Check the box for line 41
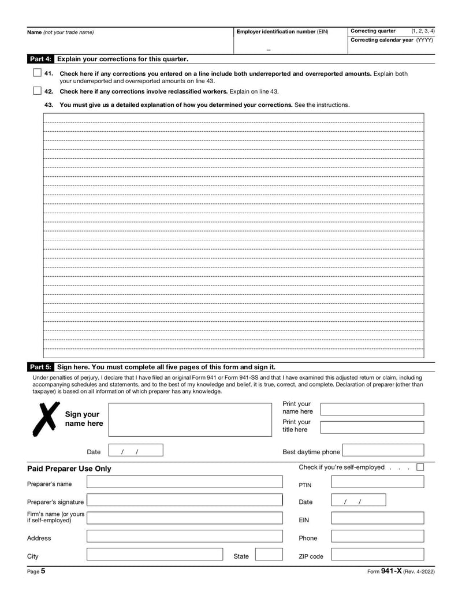37,73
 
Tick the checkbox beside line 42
37,91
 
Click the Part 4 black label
40,59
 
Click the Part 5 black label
40,367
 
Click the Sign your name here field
189,419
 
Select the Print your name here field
371,409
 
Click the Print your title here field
371,428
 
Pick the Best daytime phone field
382,450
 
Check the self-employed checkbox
420,467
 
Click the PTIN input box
377,482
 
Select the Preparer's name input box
184,482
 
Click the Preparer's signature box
184,500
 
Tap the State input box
269,555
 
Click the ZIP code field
377,555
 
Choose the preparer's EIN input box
377,518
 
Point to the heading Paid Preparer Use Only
69,469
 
